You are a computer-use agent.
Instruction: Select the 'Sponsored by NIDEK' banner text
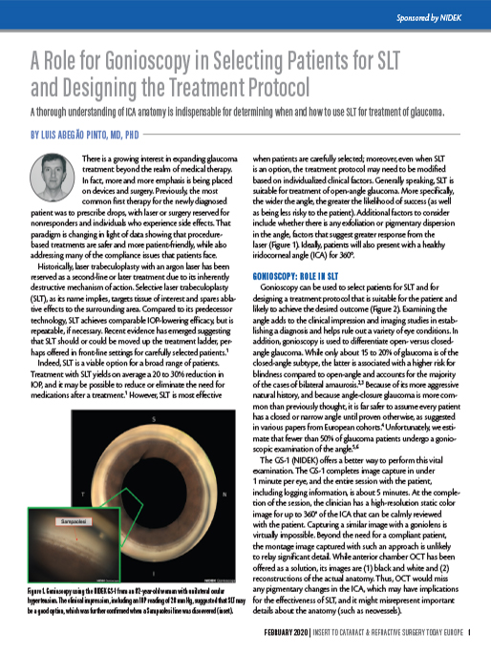click(438, 17)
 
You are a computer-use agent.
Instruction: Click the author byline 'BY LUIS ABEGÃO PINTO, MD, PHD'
click(85, 135)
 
